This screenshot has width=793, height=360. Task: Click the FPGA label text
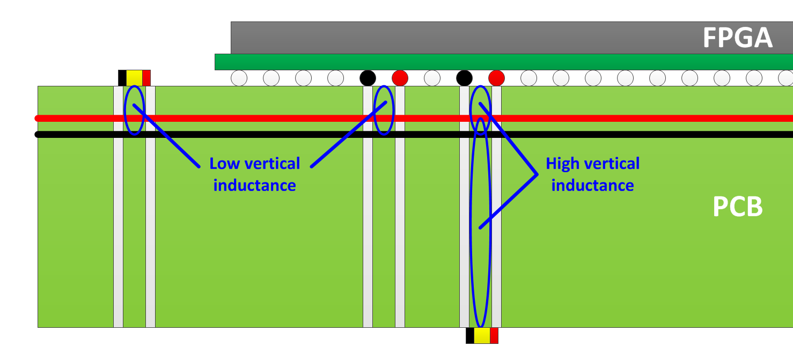click(737, 38)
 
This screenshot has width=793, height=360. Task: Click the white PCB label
click(737, 207)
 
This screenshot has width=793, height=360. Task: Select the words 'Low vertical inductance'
click(254, 174)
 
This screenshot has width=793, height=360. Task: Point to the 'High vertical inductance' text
click(592, 174)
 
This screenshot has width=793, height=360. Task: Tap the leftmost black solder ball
click(368, 78)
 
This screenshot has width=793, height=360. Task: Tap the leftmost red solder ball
click(400, 78)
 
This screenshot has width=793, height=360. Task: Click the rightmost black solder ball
click(464, 78)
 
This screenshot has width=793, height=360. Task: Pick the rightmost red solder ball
click(496, 78)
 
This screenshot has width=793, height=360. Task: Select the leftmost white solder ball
click(239, 78)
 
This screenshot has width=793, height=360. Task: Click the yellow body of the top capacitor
click(134, 78)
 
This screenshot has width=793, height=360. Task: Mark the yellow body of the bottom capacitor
click(482, 336)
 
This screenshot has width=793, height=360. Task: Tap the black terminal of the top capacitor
click(122, 78)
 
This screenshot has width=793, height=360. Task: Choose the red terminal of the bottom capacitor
click(494, 336)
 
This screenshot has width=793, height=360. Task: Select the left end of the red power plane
click(38, 118)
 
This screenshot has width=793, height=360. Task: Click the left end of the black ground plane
click(38, 134)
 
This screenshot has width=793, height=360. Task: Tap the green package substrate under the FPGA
click(483, 62)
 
